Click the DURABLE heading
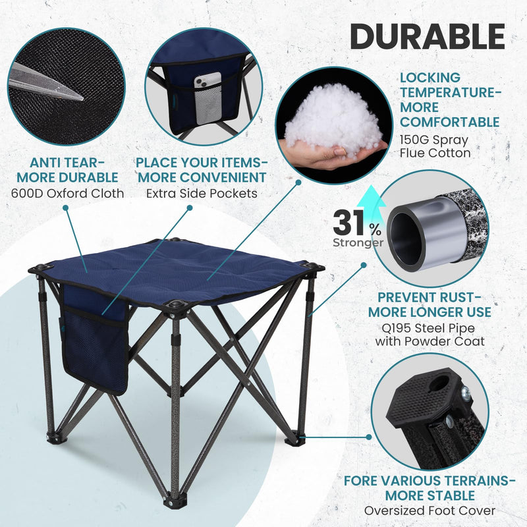427,36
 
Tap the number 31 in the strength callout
349,223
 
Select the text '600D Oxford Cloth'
67,193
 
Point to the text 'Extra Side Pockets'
201,193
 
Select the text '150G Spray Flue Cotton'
435,146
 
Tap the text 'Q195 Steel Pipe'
430,327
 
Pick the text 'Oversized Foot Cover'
430,510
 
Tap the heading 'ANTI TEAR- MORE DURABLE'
67,170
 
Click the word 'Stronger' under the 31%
358,242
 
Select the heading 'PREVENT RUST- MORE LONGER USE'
430,304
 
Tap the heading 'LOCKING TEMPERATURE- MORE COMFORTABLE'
450,99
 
